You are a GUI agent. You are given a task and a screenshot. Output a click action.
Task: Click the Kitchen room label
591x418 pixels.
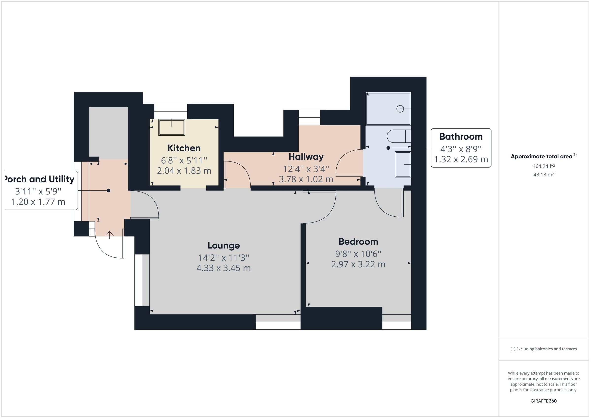pyautogui.click(x=184, y=148)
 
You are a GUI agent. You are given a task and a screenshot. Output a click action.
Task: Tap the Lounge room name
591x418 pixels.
pyautogui.click(x=223, y=245)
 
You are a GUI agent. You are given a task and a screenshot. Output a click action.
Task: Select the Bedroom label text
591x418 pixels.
pyautogui.click(x=358, y=241)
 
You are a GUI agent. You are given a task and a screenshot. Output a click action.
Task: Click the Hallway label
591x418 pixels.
pyautogui.click(x=306, y=157)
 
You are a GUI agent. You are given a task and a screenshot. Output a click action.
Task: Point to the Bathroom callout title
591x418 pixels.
pyautogui.click(x=461, y=136)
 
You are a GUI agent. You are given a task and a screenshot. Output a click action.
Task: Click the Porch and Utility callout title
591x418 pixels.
pyautogui.click(x=40, y=179)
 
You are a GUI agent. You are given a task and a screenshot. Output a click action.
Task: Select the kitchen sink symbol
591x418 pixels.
pyautogui.click(x=172, y=128)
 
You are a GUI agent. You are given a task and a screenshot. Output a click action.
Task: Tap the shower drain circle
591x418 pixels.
pyautogui.click(x=400, y=109)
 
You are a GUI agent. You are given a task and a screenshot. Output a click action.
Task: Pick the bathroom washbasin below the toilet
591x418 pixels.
pyautogui.click(x=403, y=164)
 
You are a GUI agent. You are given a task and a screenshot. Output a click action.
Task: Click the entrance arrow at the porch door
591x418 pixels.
pyautogui.click(x=110, y=235)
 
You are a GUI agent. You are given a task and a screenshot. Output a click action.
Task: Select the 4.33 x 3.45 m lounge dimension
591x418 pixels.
pyautogui.click(x=223, y=268)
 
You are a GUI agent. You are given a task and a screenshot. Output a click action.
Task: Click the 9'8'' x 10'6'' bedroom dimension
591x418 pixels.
pyautogui.click(x=358, y=254)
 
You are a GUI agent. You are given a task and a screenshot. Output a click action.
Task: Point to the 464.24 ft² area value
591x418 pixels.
pyautogui.click(x=543, y=166)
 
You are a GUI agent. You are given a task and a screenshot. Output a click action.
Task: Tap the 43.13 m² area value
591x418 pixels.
pyautogui.click(x=543, y=175)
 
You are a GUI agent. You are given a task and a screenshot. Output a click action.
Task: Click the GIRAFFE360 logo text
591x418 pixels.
pyautogui.click(x=543, y=401)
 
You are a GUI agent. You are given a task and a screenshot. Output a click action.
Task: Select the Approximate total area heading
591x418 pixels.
pyautogui.click(x=543, y=156)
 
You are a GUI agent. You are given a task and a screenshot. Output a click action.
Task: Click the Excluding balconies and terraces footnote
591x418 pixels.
pyautogui.click(x=543, y=349)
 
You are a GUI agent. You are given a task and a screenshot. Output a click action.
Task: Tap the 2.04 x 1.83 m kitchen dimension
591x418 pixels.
pyautogui.click(x=184, y=171)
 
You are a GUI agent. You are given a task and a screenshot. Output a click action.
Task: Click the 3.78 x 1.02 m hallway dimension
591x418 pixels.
pyautogui.click(x=306, y=179)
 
